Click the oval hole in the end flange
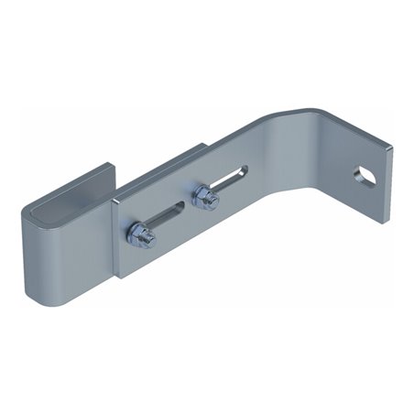coord(366,172)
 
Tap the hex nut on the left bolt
coord(141,235)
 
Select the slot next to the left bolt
coord(169,216)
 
